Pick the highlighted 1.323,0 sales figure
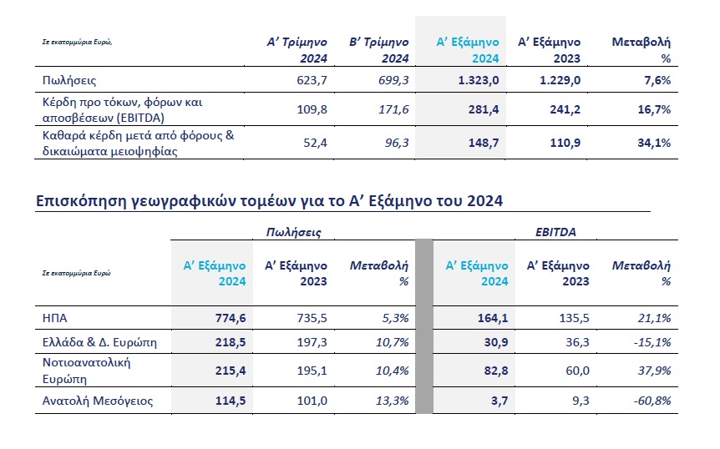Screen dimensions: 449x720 (477, 81)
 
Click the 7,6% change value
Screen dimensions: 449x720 (656, 81)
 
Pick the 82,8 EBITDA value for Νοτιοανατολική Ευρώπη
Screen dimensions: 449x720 (490, 371)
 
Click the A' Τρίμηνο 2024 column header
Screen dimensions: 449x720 (294, 49)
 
